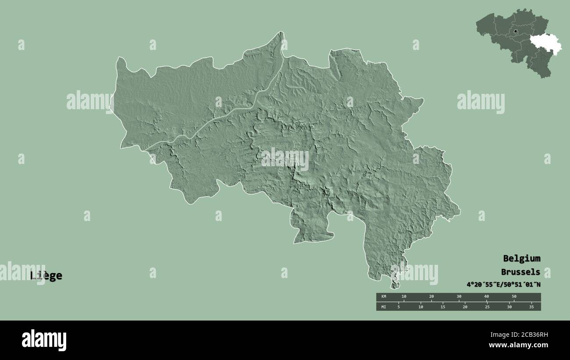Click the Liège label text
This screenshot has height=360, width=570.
pos(46,276)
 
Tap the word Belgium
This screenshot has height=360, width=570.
pos(521,258)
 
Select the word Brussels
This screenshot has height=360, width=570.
pos(521,272)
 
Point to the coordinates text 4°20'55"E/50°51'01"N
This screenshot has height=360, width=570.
pos(503,285)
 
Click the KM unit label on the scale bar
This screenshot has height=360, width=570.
pos(384,297)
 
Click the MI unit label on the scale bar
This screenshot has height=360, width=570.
pos(384,307)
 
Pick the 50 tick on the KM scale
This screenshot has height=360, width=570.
pos(514,297)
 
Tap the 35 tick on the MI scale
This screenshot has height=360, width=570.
pos(531,307)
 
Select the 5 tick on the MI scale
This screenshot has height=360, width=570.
pos(399,307)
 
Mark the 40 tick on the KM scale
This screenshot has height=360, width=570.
pos(486,297)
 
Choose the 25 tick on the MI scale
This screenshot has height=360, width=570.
pos(487,307)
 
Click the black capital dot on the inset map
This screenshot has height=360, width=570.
pos(516,32)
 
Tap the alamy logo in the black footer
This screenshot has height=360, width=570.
pos(44,340)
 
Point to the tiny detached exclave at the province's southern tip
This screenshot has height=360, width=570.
pos(395,285)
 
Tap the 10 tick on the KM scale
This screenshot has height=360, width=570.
pos(404,297)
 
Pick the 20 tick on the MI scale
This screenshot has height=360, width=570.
pos(464,307)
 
